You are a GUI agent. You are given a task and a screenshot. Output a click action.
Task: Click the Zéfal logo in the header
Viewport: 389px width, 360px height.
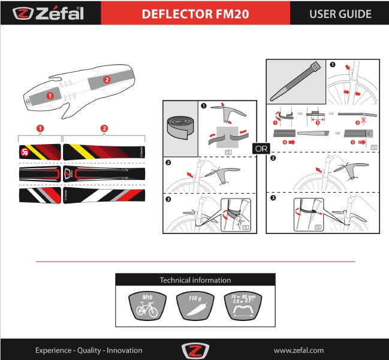[50, 13]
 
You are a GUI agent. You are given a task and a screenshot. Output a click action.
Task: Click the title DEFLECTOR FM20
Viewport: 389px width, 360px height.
[195, 14]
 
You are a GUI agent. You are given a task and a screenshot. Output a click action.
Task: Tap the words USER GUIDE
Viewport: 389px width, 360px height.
[340, 14]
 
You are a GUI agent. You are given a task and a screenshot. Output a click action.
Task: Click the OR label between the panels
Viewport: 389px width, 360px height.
[261, 147]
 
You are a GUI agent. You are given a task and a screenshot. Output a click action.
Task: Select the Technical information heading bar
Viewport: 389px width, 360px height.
[195, 280]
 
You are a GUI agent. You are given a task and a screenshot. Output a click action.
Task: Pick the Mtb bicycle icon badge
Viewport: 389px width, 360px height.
[147, 307]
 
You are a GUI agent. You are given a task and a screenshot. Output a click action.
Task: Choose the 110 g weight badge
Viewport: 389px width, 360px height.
[195, 307]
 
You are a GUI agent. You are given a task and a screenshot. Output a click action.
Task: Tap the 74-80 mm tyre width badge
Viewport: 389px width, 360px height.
[243, 307]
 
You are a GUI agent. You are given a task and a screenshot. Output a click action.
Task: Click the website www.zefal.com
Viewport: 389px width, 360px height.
[298, 350]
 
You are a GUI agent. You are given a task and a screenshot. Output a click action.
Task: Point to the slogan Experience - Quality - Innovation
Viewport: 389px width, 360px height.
[89, 350]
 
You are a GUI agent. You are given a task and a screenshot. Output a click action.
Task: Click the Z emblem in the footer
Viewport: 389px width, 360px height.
[194, 350]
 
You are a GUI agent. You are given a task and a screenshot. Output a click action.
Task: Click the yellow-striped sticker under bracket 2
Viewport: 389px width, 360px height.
[104, 152]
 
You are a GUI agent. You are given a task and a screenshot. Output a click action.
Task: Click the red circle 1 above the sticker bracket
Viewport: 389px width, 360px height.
[40, 128]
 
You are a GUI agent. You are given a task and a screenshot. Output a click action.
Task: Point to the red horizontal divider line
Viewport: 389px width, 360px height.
[195, 262]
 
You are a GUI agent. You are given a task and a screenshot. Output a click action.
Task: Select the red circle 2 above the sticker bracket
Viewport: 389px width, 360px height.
[104, 128]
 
